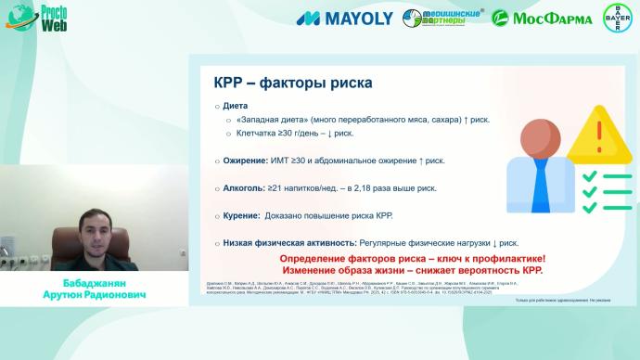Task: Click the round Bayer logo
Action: click(x=617, y=18)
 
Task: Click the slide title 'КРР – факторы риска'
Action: click(x=293, y=84)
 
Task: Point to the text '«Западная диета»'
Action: click(x=270, y=121)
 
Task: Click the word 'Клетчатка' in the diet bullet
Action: click(x=257, y=134)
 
